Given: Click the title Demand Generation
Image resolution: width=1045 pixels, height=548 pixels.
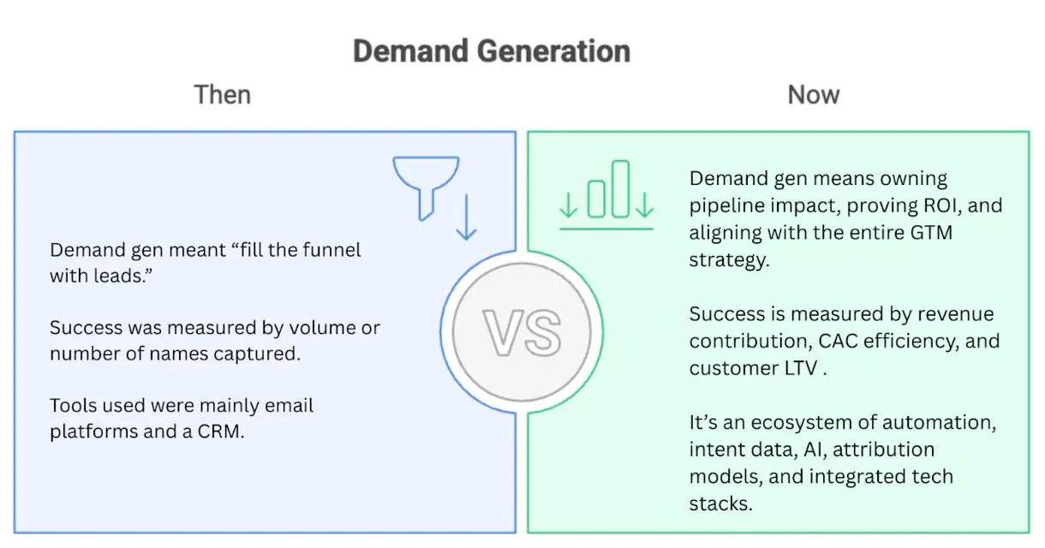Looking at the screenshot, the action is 492,51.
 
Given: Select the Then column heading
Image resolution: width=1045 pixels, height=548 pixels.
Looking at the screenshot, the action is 223,95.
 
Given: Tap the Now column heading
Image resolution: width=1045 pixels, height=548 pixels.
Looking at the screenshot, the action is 814,95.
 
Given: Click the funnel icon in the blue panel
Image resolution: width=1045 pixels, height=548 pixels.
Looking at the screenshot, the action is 426,188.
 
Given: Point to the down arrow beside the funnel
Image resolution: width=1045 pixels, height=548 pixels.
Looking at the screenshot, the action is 466,217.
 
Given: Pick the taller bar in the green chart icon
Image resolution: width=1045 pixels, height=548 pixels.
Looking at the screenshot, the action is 620,189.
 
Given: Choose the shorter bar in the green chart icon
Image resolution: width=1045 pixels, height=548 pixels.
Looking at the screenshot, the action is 596,199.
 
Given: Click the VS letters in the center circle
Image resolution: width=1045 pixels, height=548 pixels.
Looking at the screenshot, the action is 522,332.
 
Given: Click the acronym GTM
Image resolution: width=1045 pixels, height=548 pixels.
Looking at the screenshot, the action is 931,233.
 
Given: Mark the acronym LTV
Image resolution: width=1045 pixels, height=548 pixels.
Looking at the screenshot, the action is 801,368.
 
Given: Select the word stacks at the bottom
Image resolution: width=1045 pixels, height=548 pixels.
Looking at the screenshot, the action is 720,503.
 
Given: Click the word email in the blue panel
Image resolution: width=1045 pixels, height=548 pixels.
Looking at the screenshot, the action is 289,405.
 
